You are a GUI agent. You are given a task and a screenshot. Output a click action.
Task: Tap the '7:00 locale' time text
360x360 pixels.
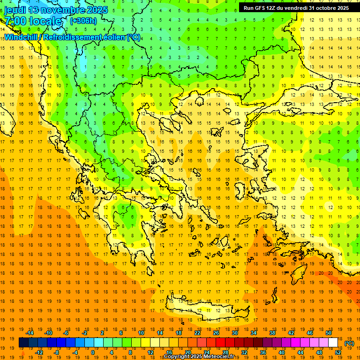[x=33, y=21]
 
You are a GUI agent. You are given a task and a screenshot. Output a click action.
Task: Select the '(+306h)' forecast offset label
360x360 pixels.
[x=83, y=21]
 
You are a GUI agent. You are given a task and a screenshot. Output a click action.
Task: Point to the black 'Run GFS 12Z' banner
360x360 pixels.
[x=296, y=7]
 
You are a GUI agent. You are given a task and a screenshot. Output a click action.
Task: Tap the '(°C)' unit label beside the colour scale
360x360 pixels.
[x=349, y=343]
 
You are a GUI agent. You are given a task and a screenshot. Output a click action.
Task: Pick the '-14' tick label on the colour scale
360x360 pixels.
[x=30, y=333]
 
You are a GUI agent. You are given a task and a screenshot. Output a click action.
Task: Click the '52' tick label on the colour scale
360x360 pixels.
[x=338, y=352]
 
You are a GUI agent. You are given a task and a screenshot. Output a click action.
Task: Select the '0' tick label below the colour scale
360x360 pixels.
[x=92, y=352]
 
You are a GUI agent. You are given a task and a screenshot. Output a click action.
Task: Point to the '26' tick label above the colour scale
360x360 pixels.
[x=216, y=333]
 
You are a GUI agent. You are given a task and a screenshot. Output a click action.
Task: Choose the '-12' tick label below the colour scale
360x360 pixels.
[x=39, y=352]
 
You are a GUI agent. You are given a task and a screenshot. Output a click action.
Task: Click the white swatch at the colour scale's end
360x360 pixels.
[x=333, y=343]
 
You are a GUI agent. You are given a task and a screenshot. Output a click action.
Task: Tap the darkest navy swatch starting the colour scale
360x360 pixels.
[x=23, y=343]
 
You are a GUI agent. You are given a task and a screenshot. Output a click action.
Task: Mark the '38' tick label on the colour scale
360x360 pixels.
[x=272, y=333]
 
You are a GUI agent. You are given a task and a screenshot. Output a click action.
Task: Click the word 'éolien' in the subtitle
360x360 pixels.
[x=115, y=37]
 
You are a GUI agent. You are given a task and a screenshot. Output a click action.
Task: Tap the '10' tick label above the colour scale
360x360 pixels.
[x=141, y=333]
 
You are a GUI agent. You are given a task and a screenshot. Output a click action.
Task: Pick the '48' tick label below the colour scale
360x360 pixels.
[x=319, y=352]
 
